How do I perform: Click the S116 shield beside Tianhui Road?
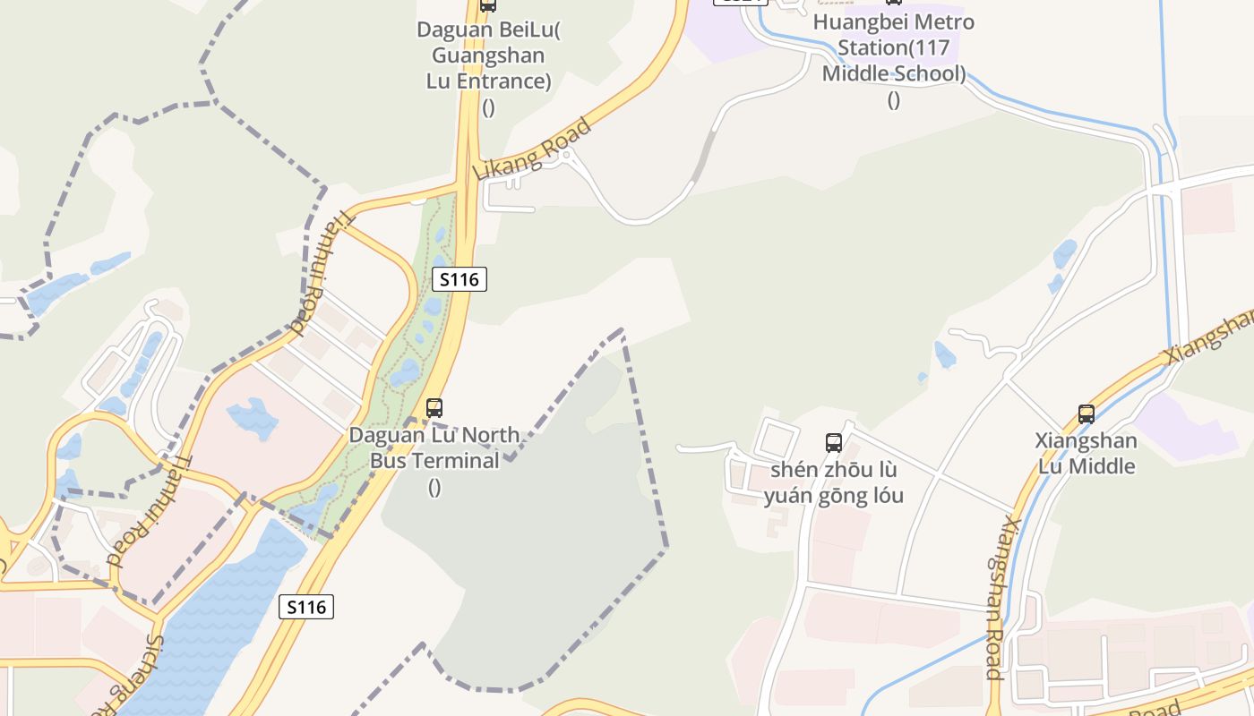(x=460, y=279)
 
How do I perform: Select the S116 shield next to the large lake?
(x=306, y=607)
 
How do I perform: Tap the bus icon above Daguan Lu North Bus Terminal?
(x=434, y=408)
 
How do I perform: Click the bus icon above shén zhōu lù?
(x=834, y=442)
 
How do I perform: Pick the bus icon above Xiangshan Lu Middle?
(x=1087, y=413)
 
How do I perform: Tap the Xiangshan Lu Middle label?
(x=1087, y=453)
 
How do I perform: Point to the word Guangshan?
(x=488, y=55)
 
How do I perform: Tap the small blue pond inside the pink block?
(x=253, y=418)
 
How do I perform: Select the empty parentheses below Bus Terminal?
(x=434, y=487)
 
